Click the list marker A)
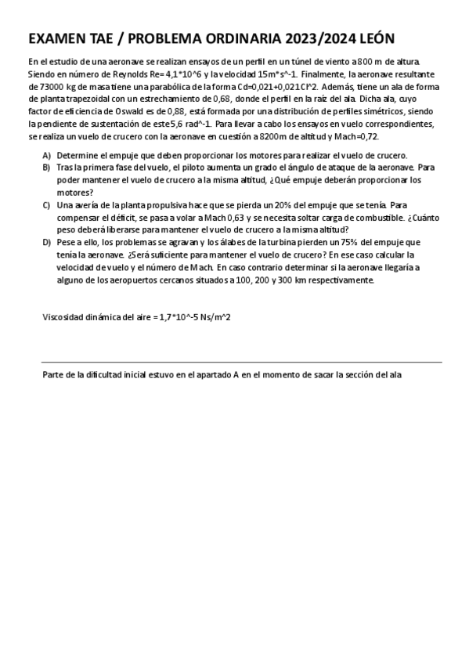(47, 156)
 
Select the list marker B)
(47, 168)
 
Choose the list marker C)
(47, 205)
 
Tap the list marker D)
(47, 243)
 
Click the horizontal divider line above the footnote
(242, 363)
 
